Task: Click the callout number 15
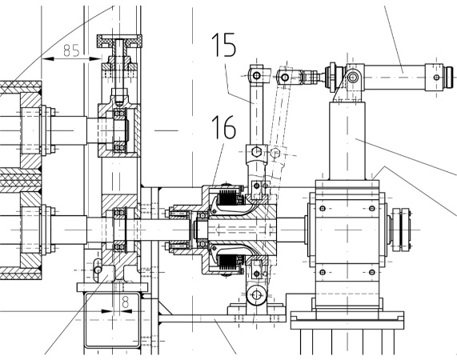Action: click(223, 44)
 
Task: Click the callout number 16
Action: click(223, 126)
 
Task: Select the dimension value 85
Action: click(71, 50)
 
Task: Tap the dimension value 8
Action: click(125, 302)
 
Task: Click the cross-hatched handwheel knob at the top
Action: click(119, 41)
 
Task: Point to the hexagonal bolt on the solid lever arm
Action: click(256, 152)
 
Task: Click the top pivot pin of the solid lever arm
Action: click(256, 76)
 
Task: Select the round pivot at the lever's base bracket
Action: click(256, 295)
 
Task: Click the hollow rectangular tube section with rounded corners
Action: click(112, 320)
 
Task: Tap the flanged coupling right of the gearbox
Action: click(401, 230)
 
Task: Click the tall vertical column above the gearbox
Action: click(347, 141)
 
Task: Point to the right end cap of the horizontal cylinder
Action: click(449, 77)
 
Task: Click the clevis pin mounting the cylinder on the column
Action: click(353, 77)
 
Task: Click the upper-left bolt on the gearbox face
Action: click(323, 208)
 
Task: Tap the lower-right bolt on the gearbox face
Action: click(371, 272)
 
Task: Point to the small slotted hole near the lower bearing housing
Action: click(98, 266)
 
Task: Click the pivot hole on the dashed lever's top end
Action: click(285, 78)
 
